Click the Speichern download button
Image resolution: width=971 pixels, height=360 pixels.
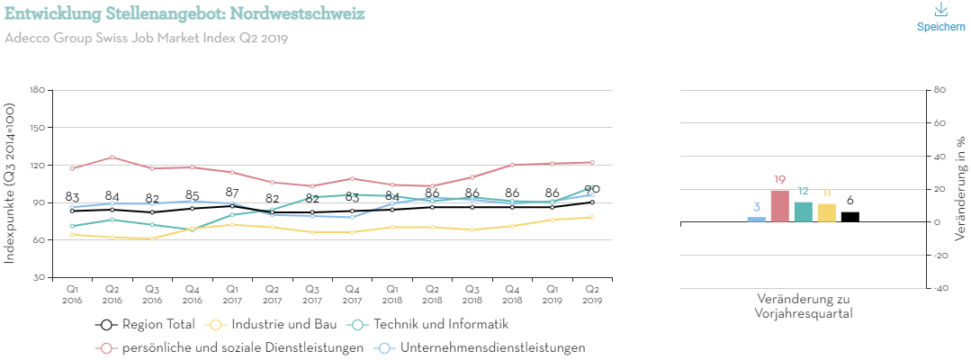tap(940, 17)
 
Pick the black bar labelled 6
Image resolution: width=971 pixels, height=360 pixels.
tap(850, 217)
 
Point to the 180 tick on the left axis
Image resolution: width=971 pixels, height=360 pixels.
tap(37, 90)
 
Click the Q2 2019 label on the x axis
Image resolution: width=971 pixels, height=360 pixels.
tap(593, 293)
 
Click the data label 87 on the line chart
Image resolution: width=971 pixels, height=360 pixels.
tap(232, 193)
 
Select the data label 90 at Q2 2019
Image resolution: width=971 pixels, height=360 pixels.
tap(592, 189)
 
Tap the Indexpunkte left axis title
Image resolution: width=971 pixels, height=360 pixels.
tap(10, 184)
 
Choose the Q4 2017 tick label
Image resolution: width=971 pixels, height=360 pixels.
tap(352, 293)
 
